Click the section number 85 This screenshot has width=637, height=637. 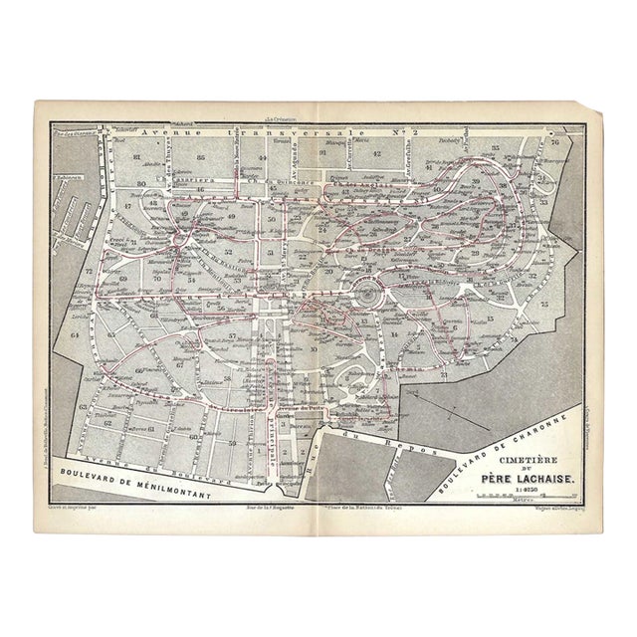point(202,157)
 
